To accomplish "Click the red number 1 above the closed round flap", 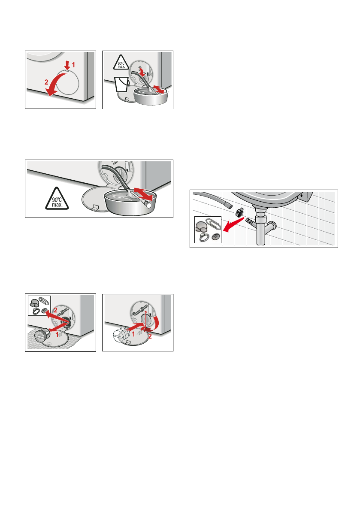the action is tap(73, 65).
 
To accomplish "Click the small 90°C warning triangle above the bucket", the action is tap(121, 63).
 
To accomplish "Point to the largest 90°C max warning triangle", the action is tap(57, 199).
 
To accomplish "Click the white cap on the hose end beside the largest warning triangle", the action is tap(148, 205).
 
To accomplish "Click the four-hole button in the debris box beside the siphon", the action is tap(215, 236).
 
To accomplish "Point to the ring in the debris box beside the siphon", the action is tap(204, 237).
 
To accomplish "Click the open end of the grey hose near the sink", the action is tap(230, 206).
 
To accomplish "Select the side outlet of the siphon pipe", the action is tap(272, 225).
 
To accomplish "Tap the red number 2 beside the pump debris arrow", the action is tap(55, 310).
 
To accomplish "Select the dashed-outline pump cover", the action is tap(121, 335).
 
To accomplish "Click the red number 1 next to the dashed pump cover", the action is tap(133, 334).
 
